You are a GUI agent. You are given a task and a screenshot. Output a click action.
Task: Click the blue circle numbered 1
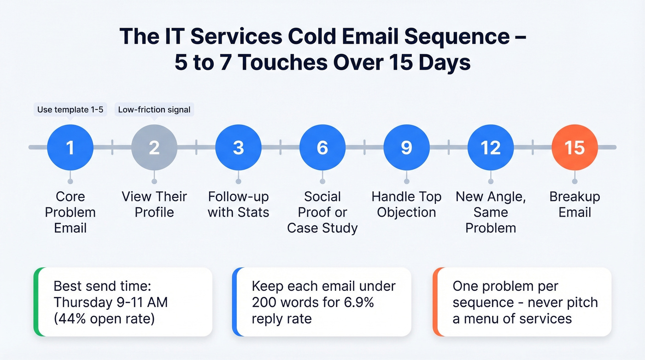pyautogui.click(x=70, y=148)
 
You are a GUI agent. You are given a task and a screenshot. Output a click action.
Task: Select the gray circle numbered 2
pyautogui.click(x=154, y=148)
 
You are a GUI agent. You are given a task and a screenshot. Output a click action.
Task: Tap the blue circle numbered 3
pyautogui.click(x=238, y=148)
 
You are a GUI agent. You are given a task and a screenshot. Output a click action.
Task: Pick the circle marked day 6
pyautogui.click(x=322, y=148)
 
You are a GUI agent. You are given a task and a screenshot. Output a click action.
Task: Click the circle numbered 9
pyautogui.click(x=406, y=148)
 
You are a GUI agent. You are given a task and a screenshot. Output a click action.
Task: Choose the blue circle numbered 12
pyautogui.click(x=490, y=148)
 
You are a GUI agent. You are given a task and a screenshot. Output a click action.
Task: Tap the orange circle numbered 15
pyautogui.click(x=575, y=148)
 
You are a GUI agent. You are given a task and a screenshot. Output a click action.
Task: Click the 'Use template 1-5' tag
pyautogui.click(x=70, y=110)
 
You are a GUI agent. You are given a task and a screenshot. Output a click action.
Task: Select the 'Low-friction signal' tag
pyautogui.click(x=154, y=110)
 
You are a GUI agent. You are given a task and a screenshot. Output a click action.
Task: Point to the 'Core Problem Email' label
pyautogui.click(x=70, y=212)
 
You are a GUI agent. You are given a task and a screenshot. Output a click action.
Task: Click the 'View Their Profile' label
pyautogui.click(x=154, y=204)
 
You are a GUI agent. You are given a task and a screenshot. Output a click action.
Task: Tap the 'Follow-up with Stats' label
pyautogui.click(x=238, y=204)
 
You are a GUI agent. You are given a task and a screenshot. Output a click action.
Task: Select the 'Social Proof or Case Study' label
pyautogui.click(x=322, y=212)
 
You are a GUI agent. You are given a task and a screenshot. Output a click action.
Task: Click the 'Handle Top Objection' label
pyautogui.click(x=406, y=204)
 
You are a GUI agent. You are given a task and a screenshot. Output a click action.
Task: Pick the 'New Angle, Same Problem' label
pyautogui.click(x=490, y=212)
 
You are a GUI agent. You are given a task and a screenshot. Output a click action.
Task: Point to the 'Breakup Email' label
pyautogui.click(x=575, y=204)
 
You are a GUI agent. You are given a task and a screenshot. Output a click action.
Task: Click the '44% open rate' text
pyautogui.click(x=104, y=319)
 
